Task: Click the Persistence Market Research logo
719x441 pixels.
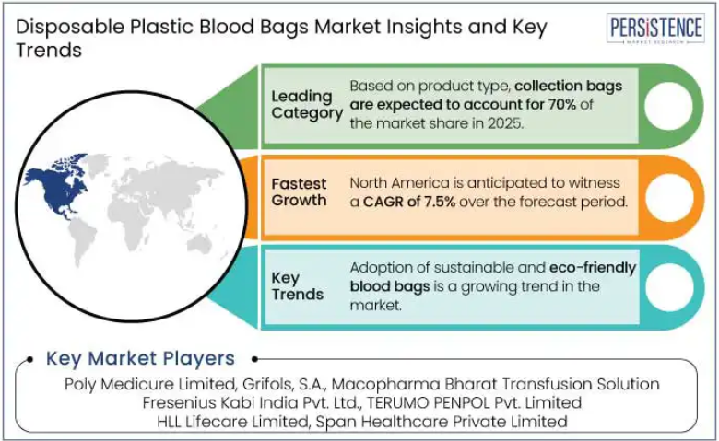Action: (x=655, y=29)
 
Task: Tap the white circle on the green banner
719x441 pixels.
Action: (x=668, y=106)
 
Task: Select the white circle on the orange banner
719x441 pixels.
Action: (x=669, y=197)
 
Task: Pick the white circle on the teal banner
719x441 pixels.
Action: (x=669, y=287)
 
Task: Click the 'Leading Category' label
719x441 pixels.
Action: (x=307, y=105)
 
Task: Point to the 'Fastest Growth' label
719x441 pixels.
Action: (x=299, y=191)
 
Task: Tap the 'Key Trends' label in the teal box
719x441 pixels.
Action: (x=297, y=285)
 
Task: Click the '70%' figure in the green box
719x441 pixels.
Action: (x=561, y=104)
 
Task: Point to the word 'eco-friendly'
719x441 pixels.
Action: (x=593, y=268)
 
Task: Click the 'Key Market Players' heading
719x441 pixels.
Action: (x=140, y=358)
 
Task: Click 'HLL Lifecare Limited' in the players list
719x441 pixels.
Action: (x=232, y=422)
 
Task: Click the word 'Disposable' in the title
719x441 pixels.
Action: (x=70, y=28)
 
